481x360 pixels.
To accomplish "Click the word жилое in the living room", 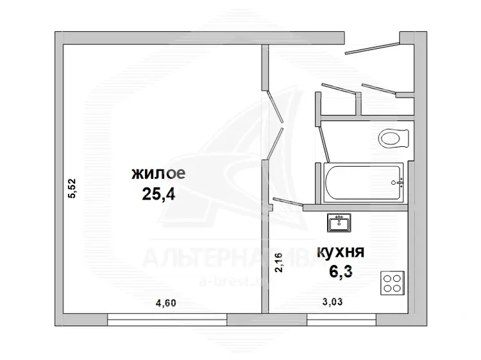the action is (158, 174).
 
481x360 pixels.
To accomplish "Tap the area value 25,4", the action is (158, 194).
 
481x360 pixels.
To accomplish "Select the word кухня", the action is (341, 252).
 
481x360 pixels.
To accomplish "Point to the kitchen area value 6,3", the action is (341, 271).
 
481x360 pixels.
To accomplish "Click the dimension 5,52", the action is (71, 189).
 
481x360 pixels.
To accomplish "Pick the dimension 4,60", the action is (166, 304).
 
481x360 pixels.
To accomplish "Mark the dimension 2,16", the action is (278, 262).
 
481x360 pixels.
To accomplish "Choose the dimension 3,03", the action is (332, 302).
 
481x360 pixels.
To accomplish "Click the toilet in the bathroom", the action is (394, 139).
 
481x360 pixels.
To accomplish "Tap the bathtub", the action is (364, 183).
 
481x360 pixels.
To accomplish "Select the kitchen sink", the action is (339, 223).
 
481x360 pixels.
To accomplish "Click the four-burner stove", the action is (392, 283).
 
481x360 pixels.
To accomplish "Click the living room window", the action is (167, 320).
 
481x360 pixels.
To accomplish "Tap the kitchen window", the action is (341, 320).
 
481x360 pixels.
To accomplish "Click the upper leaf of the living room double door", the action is (275, 106).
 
